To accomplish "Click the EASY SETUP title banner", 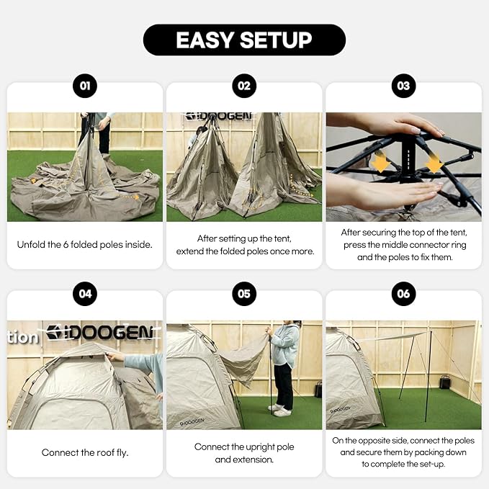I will point(244,40).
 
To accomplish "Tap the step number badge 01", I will point(85,86).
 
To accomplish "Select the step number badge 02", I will point(244,86).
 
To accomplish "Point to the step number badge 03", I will point(403,86).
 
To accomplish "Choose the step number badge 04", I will point(85,295).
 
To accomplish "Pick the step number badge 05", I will point(244,295).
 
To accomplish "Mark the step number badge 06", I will point(403,295).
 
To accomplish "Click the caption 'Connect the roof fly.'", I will point(85,453).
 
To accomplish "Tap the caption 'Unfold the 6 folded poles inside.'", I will point(85,245).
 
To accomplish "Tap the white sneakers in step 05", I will point(281,411).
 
